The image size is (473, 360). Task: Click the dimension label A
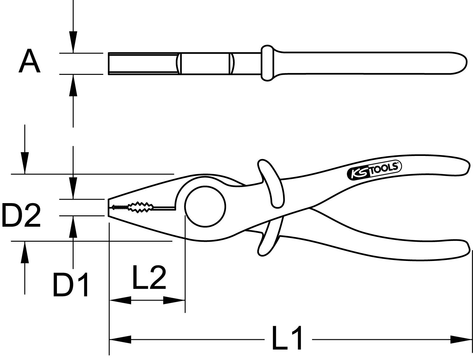coord(30,62)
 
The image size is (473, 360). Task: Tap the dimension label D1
coord(71,285)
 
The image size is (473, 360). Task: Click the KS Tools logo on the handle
coord(374,171)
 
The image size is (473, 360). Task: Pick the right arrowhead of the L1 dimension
coord(461,340)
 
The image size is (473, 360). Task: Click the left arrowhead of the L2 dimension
coord(120,300)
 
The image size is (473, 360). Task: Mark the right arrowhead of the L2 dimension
coord(174,300)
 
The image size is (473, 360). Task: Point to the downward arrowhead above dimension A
coord(73,42)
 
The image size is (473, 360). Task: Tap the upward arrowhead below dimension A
coord(73,85)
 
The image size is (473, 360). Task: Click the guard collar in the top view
coord(267,63)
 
